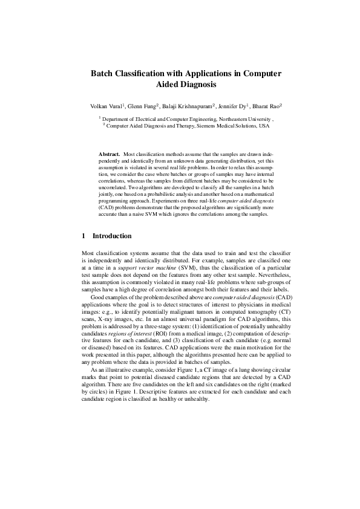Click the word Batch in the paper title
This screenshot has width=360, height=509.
click(103, 73)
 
